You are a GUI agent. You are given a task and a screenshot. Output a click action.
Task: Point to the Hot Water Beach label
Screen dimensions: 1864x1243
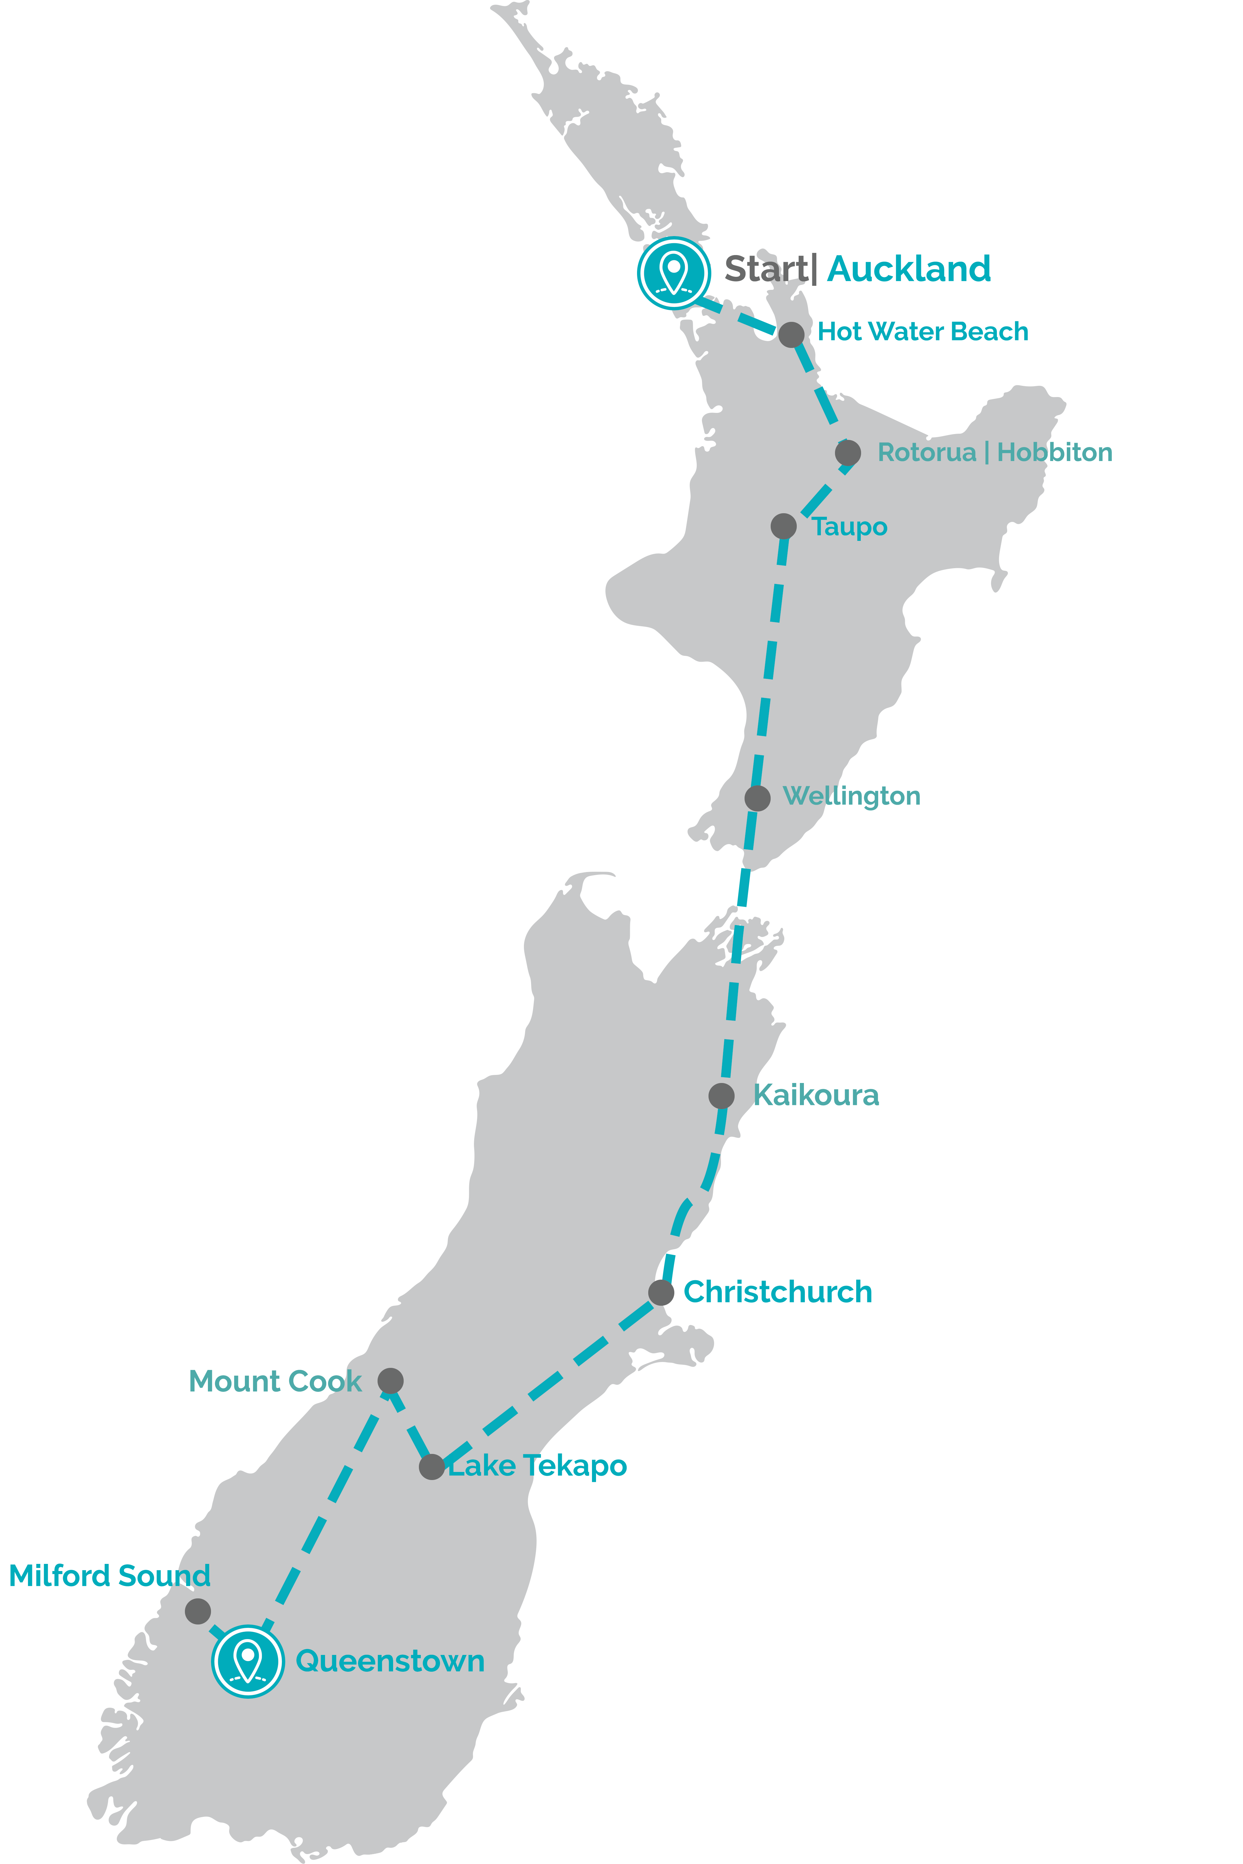pos(923,331)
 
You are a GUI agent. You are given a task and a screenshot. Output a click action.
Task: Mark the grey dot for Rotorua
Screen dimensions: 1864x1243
pos(847,453)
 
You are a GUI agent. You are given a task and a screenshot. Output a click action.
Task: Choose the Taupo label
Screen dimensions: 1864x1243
pos(849,527)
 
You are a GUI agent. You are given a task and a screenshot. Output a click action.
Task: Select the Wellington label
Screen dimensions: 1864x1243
pos(851,796)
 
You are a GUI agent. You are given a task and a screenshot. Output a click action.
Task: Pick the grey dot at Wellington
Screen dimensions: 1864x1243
pos(757,798)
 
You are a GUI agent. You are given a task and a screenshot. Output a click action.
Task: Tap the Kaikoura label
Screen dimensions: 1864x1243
pos(816,1095)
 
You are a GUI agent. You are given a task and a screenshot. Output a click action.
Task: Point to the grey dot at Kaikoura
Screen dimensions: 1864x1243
pos(721,1096)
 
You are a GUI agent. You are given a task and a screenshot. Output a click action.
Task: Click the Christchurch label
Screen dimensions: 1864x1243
pos(778,1292)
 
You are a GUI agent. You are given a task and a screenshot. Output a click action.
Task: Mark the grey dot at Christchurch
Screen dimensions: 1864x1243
pos(661,1293)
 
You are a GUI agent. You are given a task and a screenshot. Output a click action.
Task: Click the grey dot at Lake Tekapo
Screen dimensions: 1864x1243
pos(431,1467)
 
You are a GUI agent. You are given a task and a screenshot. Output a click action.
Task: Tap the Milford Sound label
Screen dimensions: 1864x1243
pos(109,1575)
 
